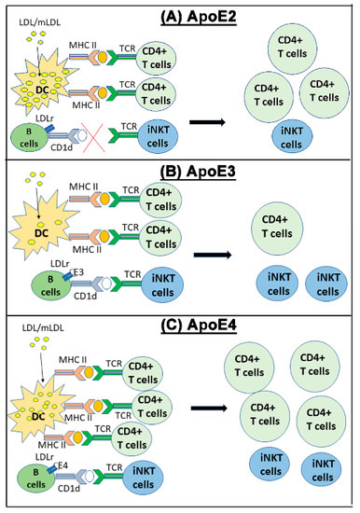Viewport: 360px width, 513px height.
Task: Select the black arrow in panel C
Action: [x=206, y=408]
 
